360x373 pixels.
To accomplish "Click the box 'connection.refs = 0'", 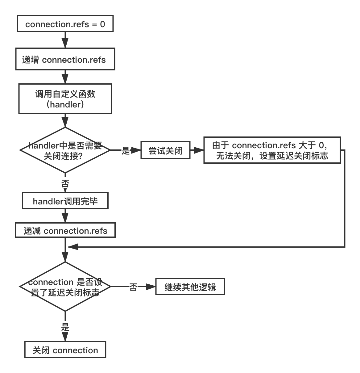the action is pyautogui.click(x=65, y=23).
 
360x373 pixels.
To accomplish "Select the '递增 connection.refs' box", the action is pyautogui.click(x=65, y=59).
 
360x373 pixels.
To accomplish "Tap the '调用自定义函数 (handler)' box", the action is pyautogui.click(x=65, y=99).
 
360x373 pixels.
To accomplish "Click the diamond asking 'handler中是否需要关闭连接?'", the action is pyautogui.click(x=65, y=150).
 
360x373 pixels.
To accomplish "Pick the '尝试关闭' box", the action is pyautogui.click(x=165, y=150).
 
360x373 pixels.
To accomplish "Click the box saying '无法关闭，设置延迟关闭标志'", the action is pyautogui.click(x=272, y=150).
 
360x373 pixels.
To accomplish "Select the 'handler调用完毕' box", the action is pyautogui.click(x=65, y=201).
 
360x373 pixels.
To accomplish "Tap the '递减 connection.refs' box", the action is pyautogui.click(x=65, y=230).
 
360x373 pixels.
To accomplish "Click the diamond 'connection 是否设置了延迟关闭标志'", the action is pyautogui.click(x=65, y=287).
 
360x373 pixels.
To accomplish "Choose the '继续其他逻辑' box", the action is pyautogui.click(x=190, y=287).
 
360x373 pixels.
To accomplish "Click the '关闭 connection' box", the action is pyautogui.click(x=65, y=350).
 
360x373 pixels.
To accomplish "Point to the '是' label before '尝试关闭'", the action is pyautogui.click(x=126, y=150).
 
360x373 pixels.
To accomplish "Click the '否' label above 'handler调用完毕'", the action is pyautogui.click(x=65, y=184).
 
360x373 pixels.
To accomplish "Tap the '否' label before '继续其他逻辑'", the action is pyautogui.click(x=133, y=287).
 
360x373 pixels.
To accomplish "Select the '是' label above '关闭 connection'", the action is pyautogui.click(x=65, y=327).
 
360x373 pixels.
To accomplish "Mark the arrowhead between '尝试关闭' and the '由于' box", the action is pyautogui.click(x=199, y=150).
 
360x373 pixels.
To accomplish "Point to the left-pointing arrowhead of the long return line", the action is pyautogui.click(x=73, y=247).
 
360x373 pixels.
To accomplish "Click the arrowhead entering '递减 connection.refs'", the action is pyautogui.click(x=65, y=218).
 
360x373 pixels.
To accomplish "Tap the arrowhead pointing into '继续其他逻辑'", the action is pyautogui.click(x=151, y=287).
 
